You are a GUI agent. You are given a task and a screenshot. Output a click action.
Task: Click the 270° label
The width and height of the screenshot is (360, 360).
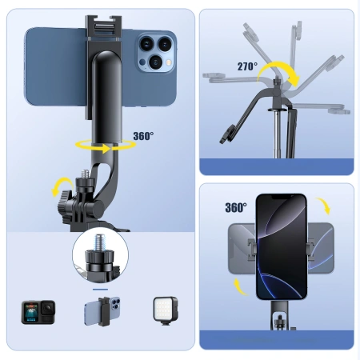pyautogui.click(x=246, y=67)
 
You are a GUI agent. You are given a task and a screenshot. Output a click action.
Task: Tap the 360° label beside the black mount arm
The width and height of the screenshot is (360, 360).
pyautogui.click(x=144, y=135)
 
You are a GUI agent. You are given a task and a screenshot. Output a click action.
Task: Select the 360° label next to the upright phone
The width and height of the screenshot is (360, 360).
pyautogui.click(x=235, y=207)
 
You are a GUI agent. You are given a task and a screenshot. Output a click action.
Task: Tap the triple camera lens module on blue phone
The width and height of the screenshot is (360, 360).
pyautogui.click(x=150, y=52)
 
